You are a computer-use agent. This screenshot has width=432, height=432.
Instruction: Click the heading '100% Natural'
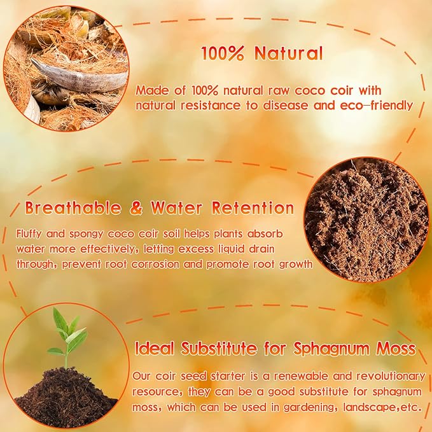coord(262,53)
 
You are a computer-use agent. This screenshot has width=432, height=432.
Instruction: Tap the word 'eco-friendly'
coord(377,106)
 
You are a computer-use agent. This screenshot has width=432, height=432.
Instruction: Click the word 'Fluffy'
coord(31,233)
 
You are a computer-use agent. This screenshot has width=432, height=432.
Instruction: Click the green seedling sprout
coord(66,336)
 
